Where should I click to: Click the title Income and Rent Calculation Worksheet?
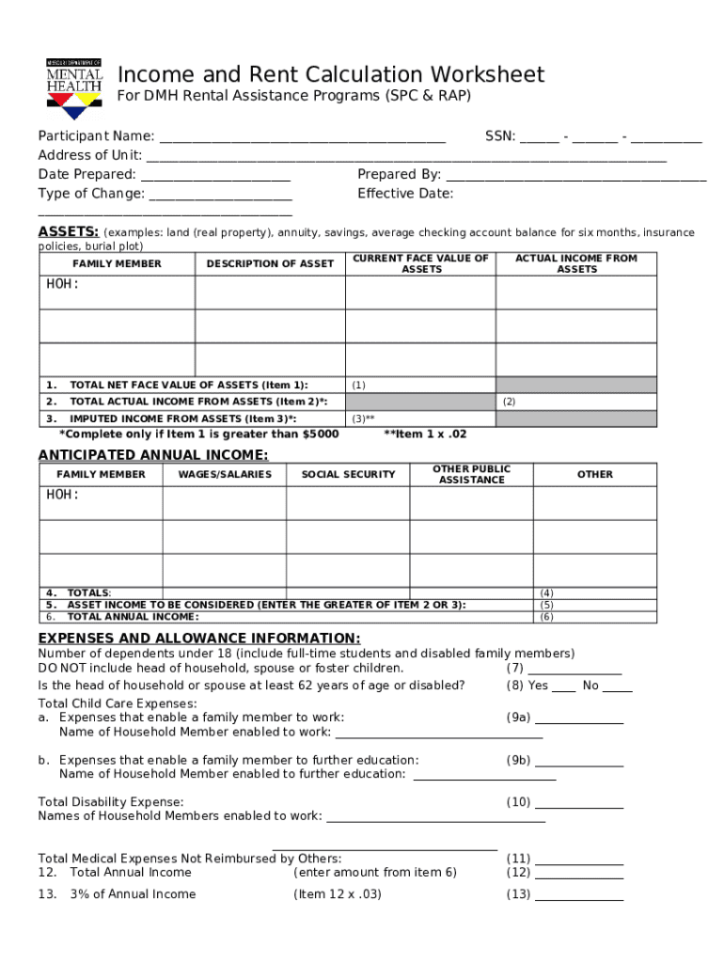(x=330, y=75)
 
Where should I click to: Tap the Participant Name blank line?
(x=301, y=140)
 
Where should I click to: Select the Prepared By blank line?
(x=575, y=178)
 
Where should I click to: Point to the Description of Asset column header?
(x=270, y=264)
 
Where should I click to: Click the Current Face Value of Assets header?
(x=420, y=264)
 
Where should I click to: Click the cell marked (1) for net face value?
(x=420, y=385)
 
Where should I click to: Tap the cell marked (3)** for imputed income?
(x=420, y=418)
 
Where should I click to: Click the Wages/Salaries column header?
(x=224, y=475)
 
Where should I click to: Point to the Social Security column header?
(x=348, y=475)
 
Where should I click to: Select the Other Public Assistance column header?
(x=471, y=475)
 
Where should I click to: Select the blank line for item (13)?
(x=578, y=897)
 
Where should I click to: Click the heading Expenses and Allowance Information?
(x=198, y=638)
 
